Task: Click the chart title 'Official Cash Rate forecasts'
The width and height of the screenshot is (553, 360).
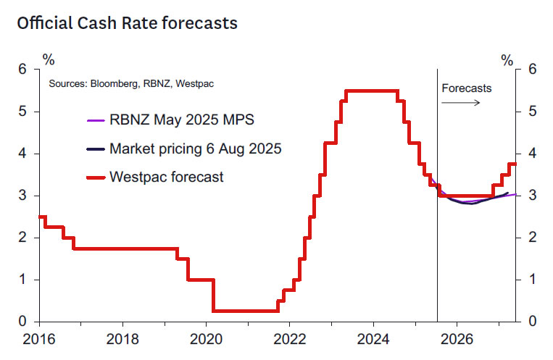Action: click(x=127, y=24)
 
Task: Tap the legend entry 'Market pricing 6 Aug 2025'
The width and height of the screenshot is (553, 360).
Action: click(x=195, y=149)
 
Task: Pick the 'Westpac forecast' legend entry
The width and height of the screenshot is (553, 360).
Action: click(x=167, y=176)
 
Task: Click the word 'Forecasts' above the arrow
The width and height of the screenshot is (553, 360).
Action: click(x=466, y=88)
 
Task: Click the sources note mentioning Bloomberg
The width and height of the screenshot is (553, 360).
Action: click(x=131, y=84)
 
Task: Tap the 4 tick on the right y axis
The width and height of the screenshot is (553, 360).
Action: click(x=533, y=154)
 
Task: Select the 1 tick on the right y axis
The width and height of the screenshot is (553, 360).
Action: click(x=533, y=280)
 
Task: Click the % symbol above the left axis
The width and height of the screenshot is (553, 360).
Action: click(x=49, y=58)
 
